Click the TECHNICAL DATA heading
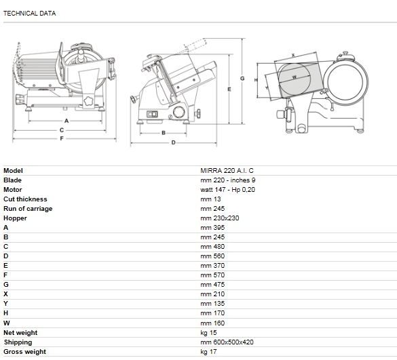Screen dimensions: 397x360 [30, 14]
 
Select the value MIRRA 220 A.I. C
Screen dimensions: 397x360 [227, 171]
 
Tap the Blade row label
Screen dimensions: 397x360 [12, 180]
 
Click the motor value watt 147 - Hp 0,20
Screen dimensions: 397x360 [227, 190]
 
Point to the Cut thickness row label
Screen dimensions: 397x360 [25, 199]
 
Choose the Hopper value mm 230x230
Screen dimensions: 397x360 [220, 218]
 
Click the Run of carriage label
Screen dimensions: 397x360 [28, 209]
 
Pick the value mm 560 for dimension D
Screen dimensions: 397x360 [212, 256]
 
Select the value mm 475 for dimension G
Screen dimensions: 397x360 [212, 285]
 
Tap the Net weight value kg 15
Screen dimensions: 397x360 [208, 333]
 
